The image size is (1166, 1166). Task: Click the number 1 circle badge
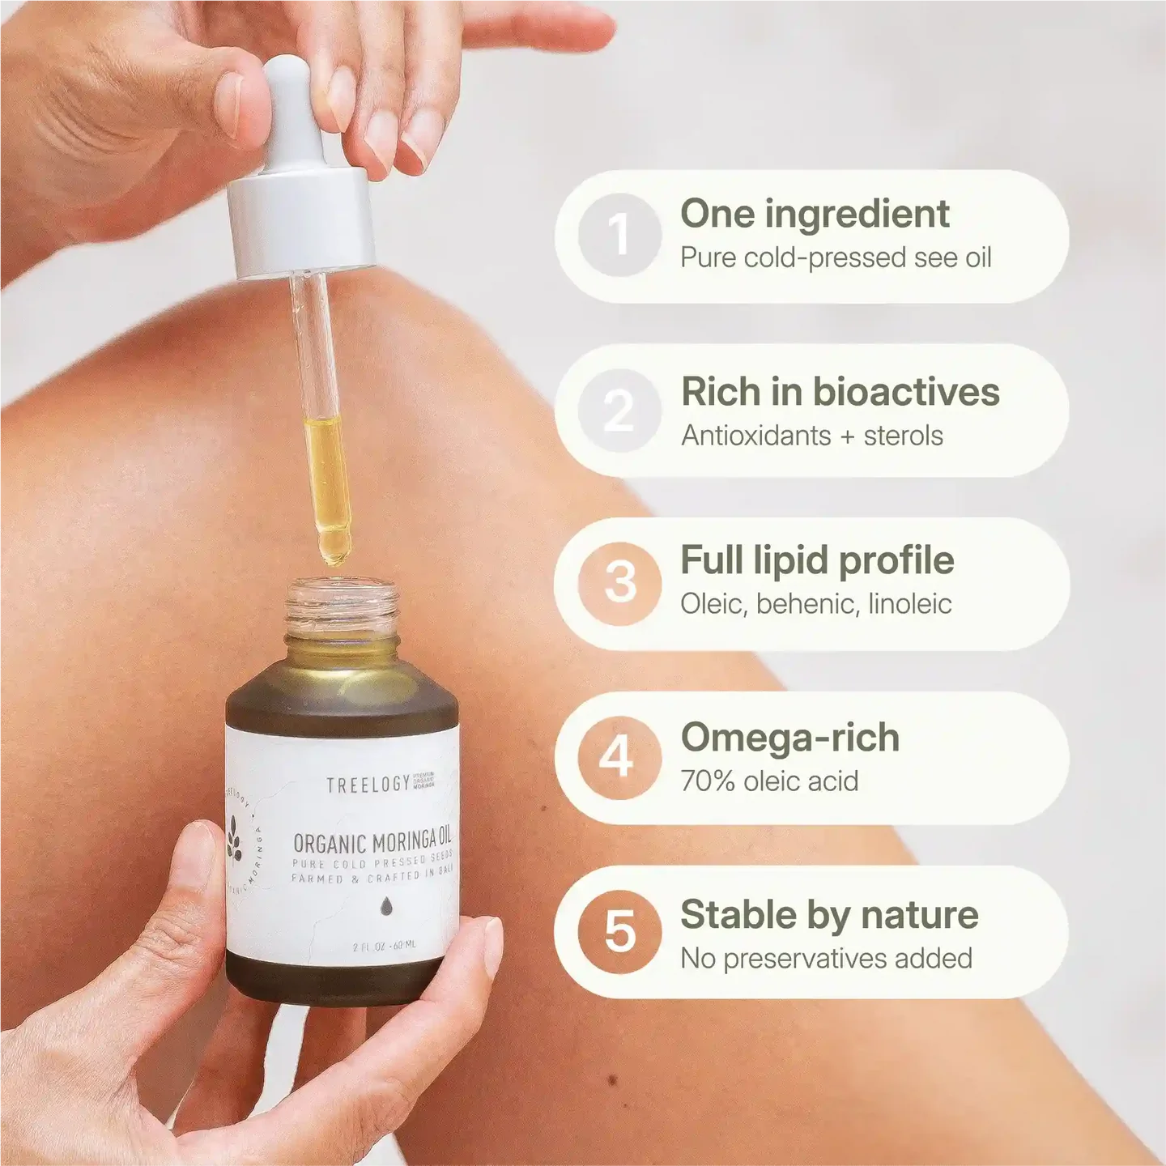click(x=619, y=236)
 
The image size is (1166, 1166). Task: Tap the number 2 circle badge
click(x=619, y=411)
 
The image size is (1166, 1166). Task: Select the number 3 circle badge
click(x=619, y=583)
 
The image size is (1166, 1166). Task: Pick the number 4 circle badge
click(x=619, y=758)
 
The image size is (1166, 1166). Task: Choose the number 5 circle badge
click(x=619, y=931)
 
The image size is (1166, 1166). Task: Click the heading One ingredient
click(x=815, y=214)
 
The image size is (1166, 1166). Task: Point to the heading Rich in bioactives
click(x=840, y=392)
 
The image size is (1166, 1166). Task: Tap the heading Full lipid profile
click(x=817, y=560)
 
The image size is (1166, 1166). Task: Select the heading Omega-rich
click(x=789, y=738)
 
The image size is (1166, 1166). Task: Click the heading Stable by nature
click(x=829, y=915)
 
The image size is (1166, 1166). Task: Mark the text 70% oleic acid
click(x=769, y=781)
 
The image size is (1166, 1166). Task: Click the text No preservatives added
click(x=826, y=959)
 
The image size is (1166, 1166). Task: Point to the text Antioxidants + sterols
click(x=811, y=436)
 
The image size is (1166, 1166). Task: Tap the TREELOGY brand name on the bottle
click(x=368, y=785)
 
